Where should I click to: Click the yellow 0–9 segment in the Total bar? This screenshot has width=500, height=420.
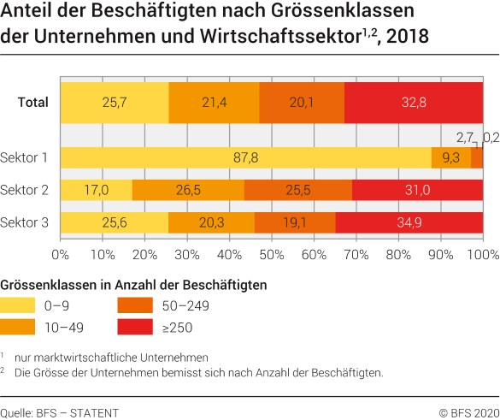pos(115,103)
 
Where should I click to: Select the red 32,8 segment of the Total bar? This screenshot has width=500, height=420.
pos(414,103)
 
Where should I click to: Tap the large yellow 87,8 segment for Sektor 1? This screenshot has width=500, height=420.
pos(246,157)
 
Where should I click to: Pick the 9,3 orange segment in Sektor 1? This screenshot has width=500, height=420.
pos(450,157)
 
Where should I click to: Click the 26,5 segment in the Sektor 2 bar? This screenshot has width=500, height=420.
pos(188,190)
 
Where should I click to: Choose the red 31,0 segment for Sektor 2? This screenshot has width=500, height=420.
pos(417,190)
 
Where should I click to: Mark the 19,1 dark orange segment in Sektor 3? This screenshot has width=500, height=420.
pos(295,222)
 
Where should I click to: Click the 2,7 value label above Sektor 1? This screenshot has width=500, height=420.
pos(465,136)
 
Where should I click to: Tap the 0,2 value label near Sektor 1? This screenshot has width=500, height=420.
pos(491,136)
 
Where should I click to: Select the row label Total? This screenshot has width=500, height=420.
pos(32,103)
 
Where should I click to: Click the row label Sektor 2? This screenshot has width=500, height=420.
pos(25,190)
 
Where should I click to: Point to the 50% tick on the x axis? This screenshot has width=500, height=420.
pos(272,254)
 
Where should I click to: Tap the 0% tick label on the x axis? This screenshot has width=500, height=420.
pos(61,254)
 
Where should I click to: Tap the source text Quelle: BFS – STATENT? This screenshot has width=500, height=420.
pos(60,412)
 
